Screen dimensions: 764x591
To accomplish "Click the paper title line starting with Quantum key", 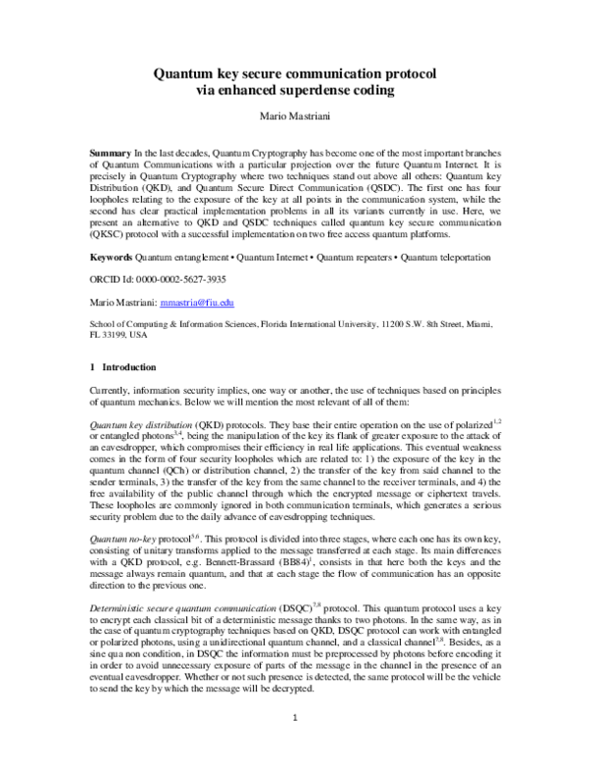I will click(295, 75).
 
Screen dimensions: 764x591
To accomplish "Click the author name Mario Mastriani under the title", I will click(295, 117).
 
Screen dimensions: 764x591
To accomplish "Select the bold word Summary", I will click(109, 157).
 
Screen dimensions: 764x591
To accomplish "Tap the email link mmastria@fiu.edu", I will click(198, 304).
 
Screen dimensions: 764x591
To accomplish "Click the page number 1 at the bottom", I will click(295, 728).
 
